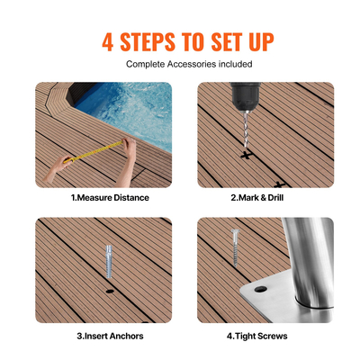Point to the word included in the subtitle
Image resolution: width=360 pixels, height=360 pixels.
[x=233, y=64]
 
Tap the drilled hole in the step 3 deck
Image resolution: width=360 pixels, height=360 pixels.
[x=110, y=293]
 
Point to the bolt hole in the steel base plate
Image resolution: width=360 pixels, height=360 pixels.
[x=260, y=293]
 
